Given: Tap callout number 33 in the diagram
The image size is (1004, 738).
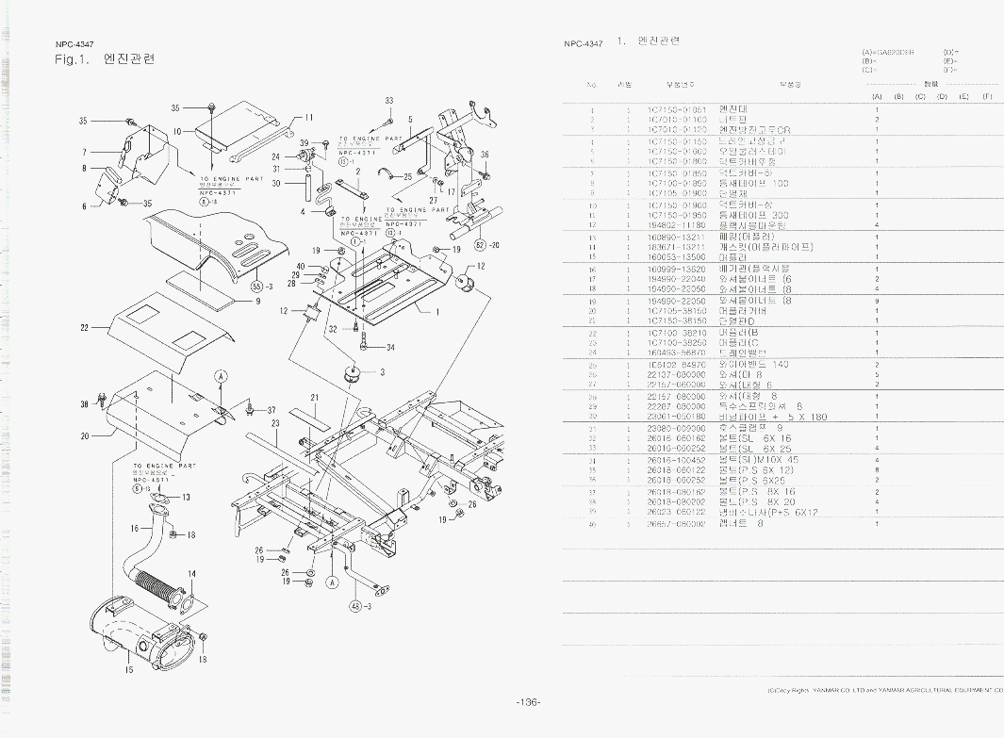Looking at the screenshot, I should click(389, 101).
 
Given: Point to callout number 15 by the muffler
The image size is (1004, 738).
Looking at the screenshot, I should click(129, 670).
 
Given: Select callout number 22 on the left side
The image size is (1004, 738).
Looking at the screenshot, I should click(84, 327).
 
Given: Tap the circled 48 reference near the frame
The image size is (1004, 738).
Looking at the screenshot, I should click(356, 605).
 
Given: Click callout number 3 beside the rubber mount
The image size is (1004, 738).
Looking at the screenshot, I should click(382, 372).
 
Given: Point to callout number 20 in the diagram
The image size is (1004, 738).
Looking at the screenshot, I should click(84, 436).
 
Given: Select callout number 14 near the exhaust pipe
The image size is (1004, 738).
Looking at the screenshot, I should click(191, 574).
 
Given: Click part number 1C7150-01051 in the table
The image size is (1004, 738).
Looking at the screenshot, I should click(677, 110).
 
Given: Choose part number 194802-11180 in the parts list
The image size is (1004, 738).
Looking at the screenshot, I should click(677, 225).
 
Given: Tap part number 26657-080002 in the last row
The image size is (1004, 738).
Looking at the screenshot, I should click(677, 524).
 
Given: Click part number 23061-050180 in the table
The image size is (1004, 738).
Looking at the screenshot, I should click(677, 416).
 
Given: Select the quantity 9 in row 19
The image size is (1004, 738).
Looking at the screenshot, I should click(877, 301).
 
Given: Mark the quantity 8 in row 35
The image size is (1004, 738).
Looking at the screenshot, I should click(877, 469).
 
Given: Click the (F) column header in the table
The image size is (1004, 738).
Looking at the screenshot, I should click(986, 96).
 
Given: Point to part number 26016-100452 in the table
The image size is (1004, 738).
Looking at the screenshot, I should click(677, 460).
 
